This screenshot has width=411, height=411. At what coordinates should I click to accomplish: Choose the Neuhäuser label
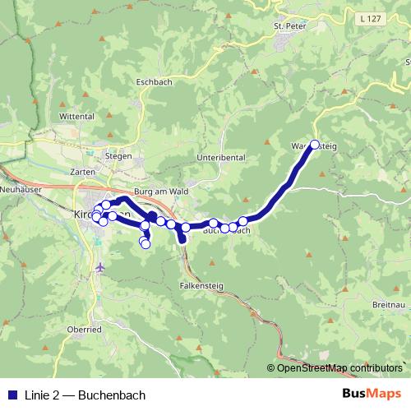(x=16, y=188)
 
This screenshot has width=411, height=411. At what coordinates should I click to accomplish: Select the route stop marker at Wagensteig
(x=314, y=145)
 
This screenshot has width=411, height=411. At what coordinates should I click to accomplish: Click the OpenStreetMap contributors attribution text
(x=339, y=367)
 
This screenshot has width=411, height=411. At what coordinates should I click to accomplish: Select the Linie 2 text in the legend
(x=43, y=393)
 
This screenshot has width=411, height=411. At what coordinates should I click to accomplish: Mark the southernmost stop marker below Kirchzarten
(x=146, y=243)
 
